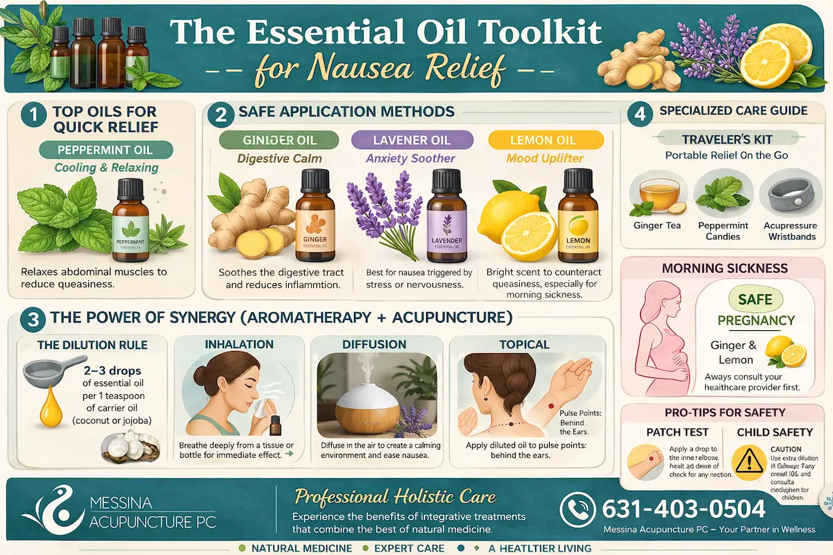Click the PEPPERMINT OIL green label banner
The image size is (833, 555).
coord(106,149)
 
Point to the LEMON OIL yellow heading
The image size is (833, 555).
coord(542,140)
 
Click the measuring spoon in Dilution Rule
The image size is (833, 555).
coord(42,374)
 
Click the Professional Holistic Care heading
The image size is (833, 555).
coord(396,496)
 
